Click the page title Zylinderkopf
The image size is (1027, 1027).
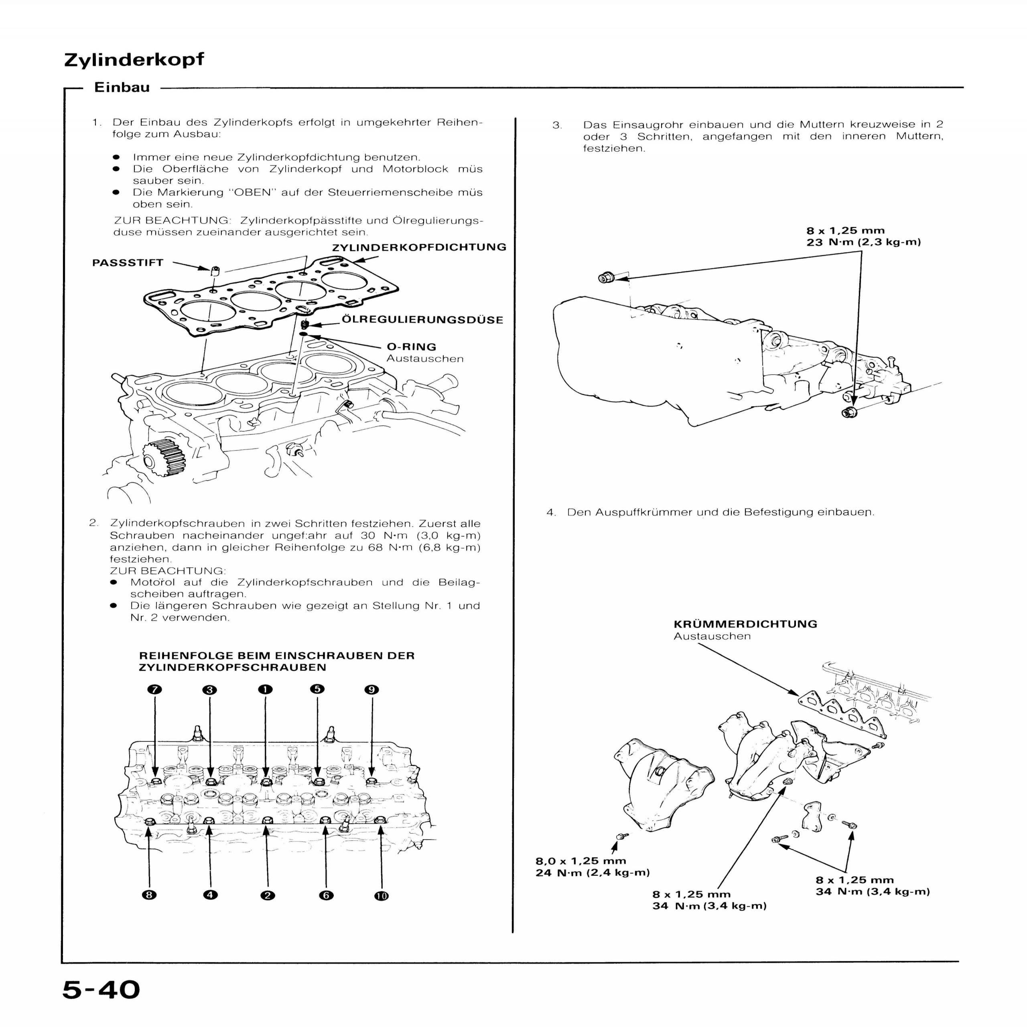pos(134,59)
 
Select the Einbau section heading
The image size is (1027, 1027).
pos(122,88)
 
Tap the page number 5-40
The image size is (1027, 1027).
pos(101,990)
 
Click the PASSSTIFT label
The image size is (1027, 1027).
pos(128,263)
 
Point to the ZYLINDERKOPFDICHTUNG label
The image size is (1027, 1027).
pos(419,247)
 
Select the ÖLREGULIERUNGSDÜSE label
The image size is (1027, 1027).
pos(422,320)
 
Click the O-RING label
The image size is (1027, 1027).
pos(412,347)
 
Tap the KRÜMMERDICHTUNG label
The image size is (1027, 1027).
pos(745,624)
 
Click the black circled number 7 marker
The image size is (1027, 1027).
pos(155,690)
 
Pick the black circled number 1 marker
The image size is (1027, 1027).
pos(265,690)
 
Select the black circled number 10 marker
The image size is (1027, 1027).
pos(382,896)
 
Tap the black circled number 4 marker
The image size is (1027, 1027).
pos(211,895)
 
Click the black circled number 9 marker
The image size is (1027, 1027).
pos(371,690)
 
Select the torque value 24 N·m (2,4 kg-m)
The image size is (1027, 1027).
pos(592,873)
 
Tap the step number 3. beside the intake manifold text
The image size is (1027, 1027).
pos(556,126)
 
